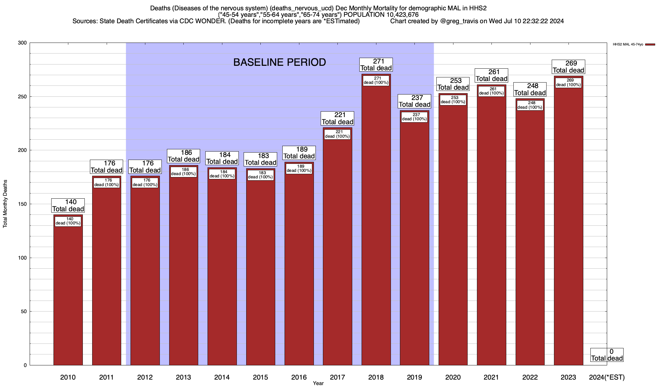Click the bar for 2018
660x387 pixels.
(376, 226)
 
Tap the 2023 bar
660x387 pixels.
(568, 226)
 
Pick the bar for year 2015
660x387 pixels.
(260, 274)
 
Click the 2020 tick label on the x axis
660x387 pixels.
(453, 377)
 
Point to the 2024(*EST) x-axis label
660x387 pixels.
(607, 377)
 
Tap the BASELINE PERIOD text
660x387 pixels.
(279, 62)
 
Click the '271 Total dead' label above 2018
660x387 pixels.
(376, 65)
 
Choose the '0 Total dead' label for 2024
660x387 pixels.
(607, 355)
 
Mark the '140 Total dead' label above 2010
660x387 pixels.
(68, 205)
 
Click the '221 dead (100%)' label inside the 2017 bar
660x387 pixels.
(337, 134)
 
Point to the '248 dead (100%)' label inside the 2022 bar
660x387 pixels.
(530, 105)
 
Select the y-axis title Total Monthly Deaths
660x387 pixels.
(5, 204)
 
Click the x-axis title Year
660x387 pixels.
(318, 383)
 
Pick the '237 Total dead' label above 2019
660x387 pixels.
(414, 101)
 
